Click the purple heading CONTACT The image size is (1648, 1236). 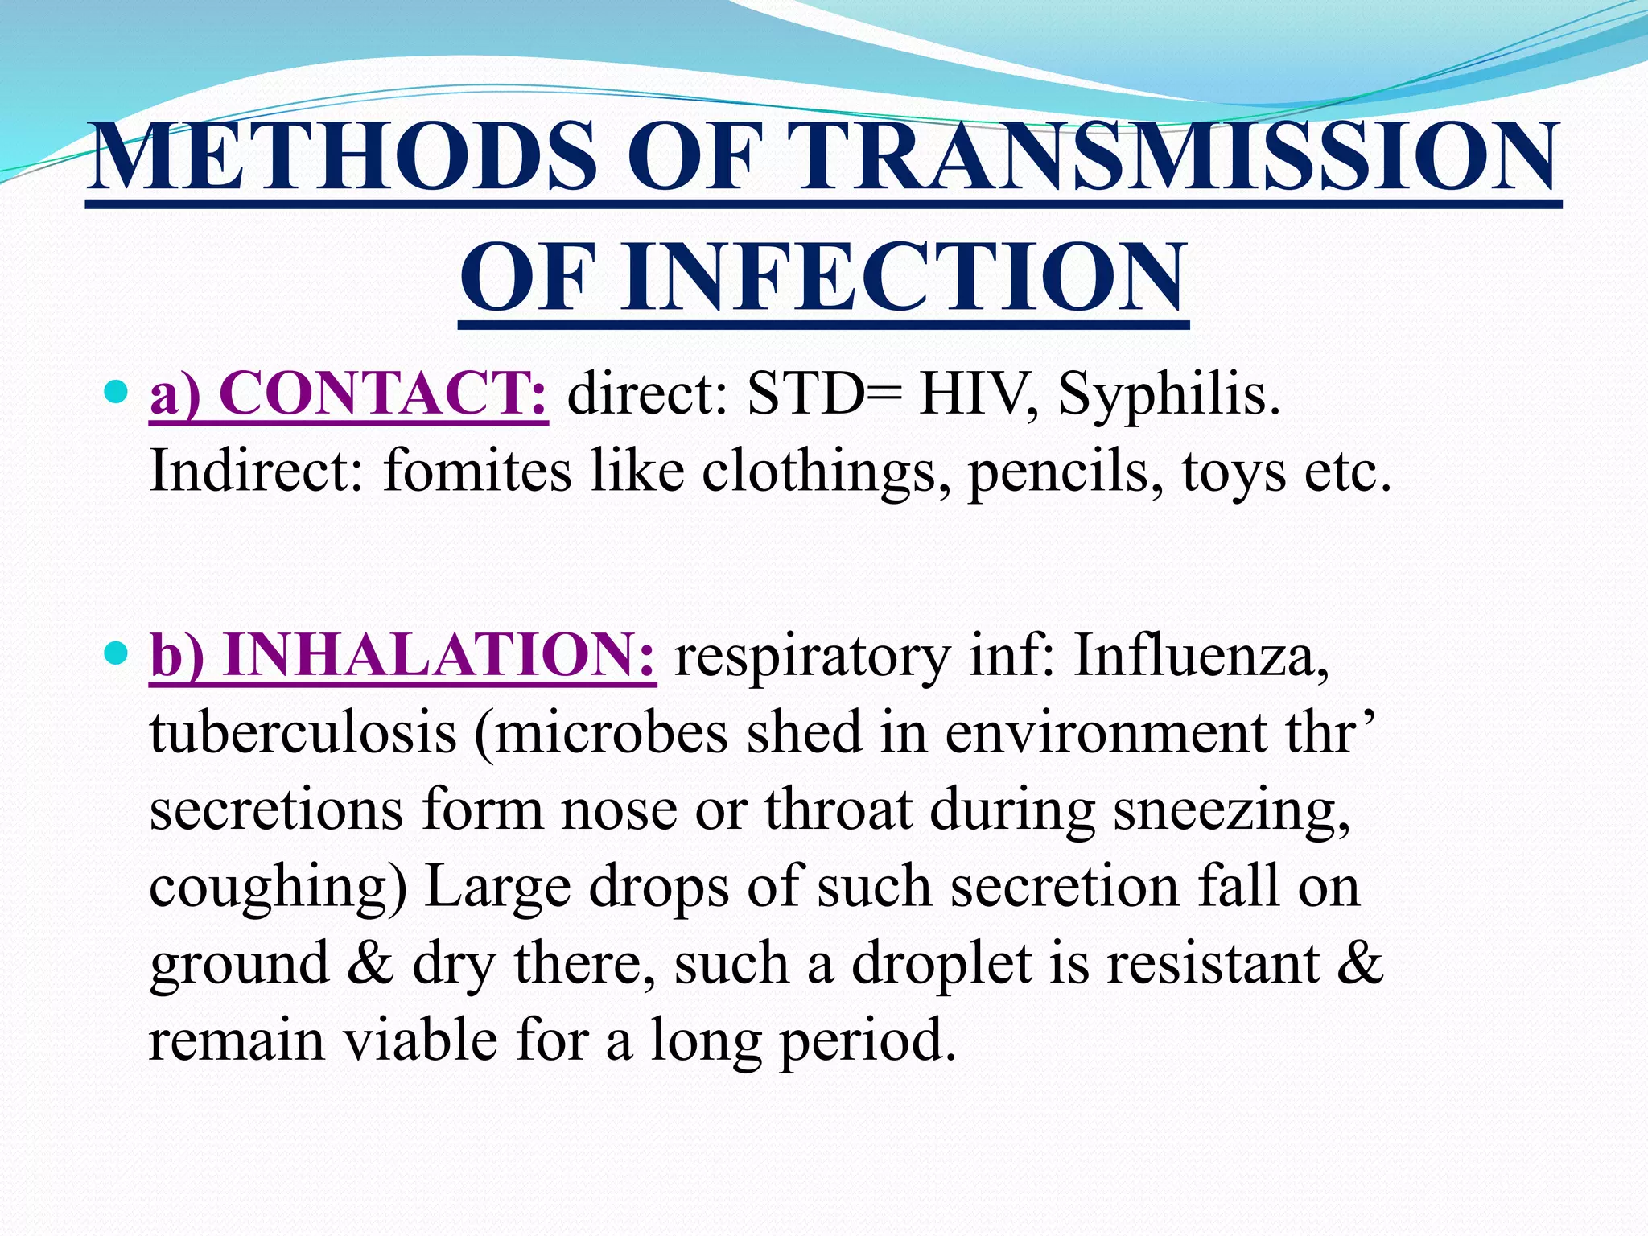point(381,393)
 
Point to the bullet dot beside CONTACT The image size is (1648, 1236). point(117,392)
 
